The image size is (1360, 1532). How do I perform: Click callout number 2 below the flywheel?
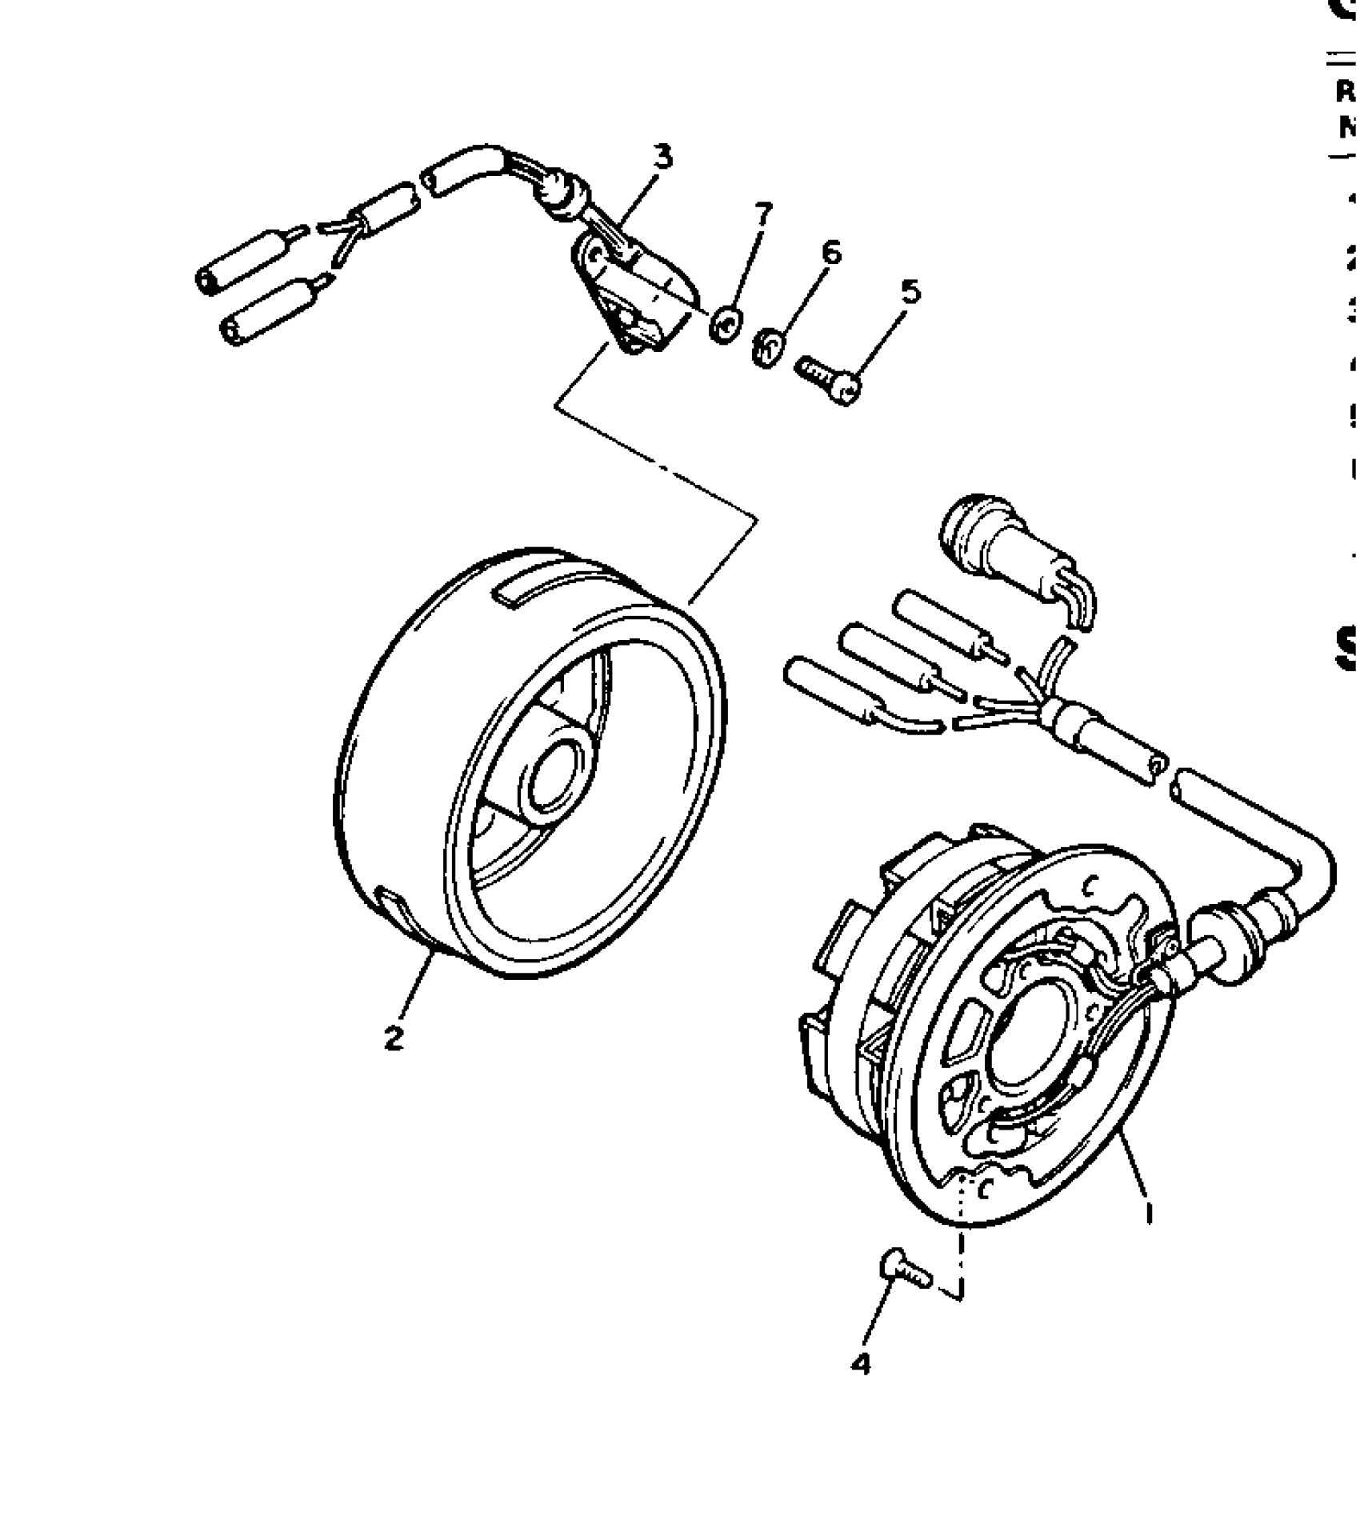coord(394,1038)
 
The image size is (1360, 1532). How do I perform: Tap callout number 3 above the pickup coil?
coord(662,158)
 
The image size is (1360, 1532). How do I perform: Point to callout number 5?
coord(910,293)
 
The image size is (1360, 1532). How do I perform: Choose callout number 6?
coord(832,254)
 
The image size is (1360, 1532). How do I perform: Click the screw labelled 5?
coord(828,381)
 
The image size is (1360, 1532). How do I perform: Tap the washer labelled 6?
coord(766,349)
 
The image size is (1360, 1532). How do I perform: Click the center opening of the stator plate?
coord(1032,1036)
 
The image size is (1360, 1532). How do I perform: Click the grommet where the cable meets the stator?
coord(1238,928)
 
